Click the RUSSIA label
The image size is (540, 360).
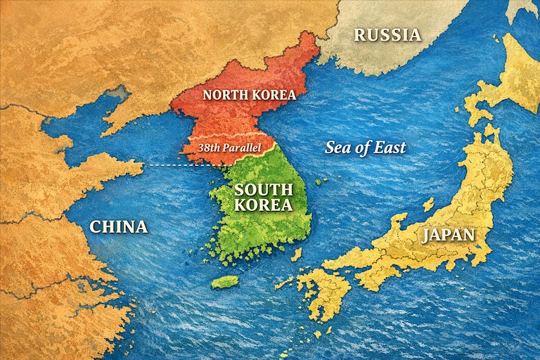pos(387,34)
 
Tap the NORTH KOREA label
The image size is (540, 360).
pos(249,94)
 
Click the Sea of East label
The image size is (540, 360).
pos(365,148)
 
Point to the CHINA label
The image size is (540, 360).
pos(119,226)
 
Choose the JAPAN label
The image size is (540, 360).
pos(448,235)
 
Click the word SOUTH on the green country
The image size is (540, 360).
pos(263,189)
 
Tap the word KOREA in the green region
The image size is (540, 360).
pos(263,205)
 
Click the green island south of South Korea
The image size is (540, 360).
pos(225,282)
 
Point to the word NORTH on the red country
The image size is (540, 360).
pos(224,94)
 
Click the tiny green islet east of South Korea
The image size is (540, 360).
pos(321,181)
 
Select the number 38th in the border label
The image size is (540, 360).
pos(210,148)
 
